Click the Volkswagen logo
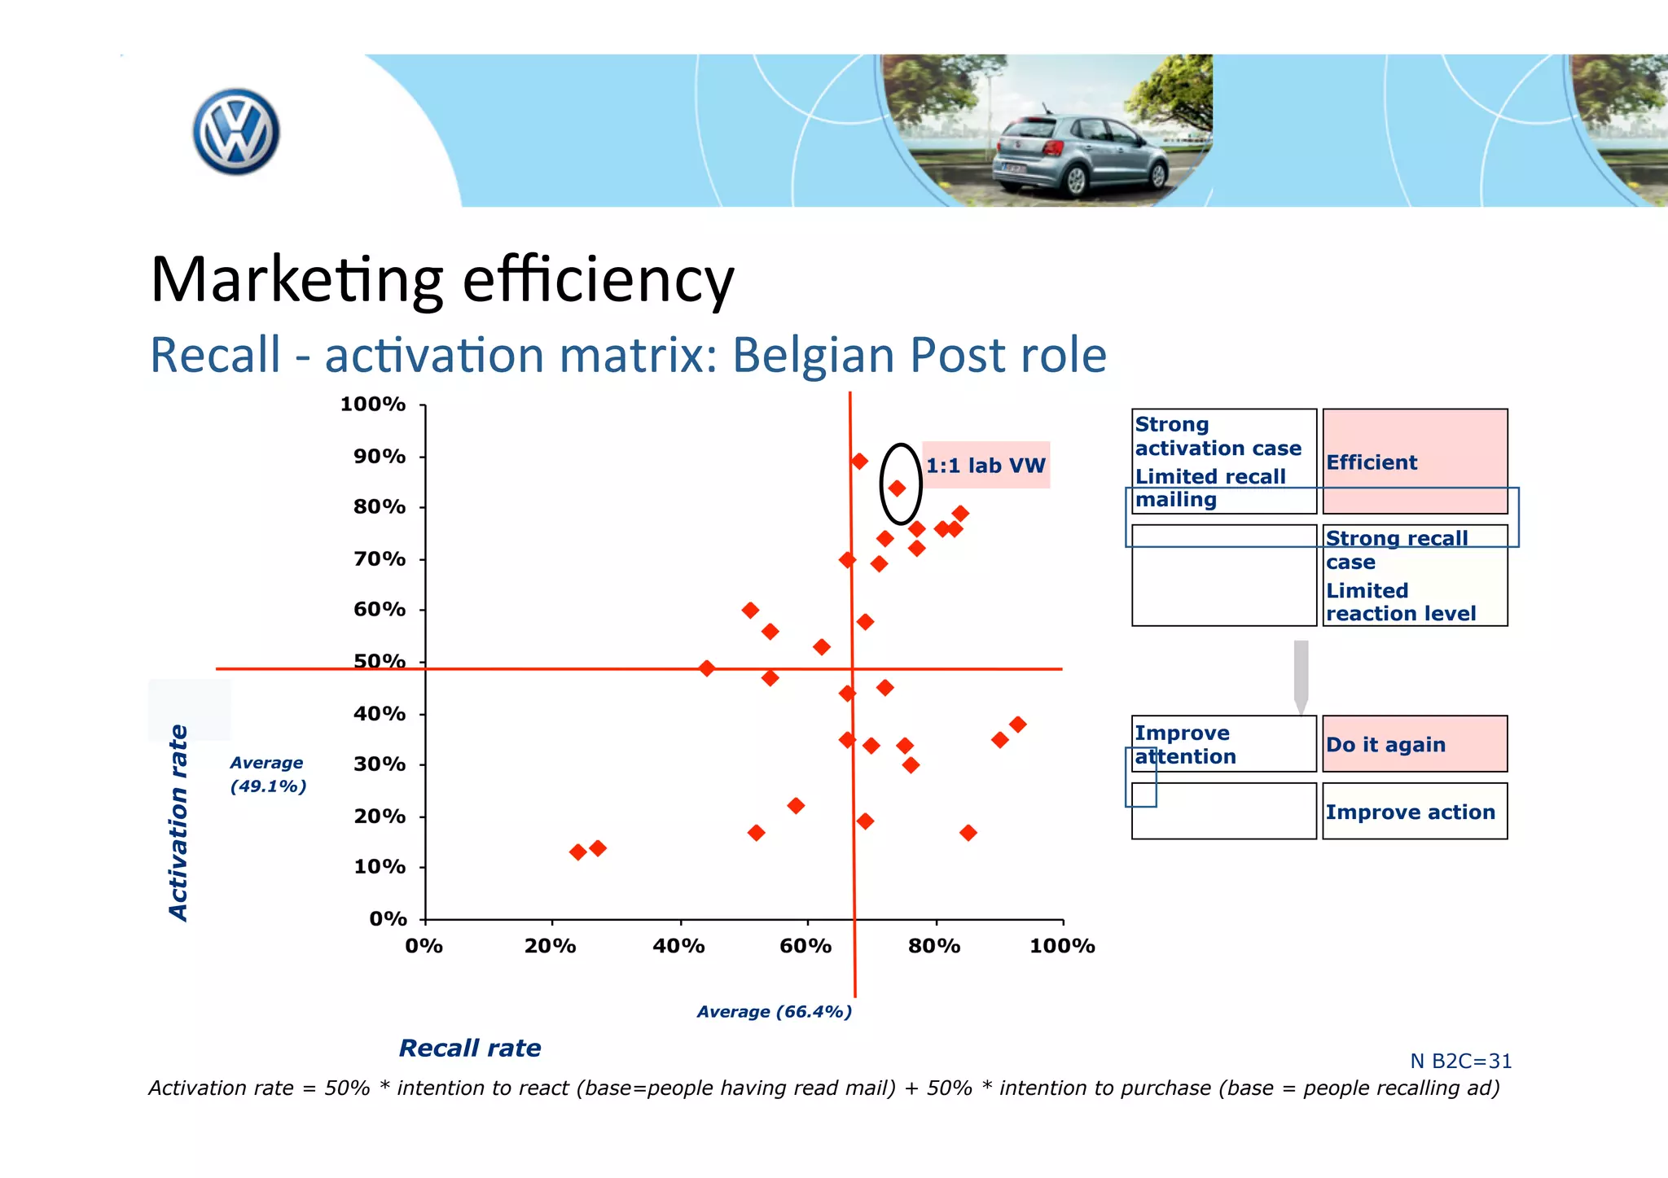click(x=236, y=132)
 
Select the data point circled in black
click(x=897, y=488)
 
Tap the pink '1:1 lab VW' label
click(x=985, y=466)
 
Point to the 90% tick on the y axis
click(x=423, y=457)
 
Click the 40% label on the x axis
click(x=678, y=946)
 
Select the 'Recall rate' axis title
click(x=470, y=1048)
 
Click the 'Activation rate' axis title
click(x=178, y=822)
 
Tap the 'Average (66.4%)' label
click(x=774, y=1012)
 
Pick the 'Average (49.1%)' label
click(x=267, y=774)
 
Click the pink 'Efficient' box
click(x=1415, y=462)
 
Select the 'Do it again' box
click(x=1415, y=744)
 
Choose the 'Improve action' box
click(x=1415, y=812)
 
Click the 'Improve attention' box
click(x=1223, y=744)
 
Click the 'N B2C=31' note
click(x=1460, y=1062)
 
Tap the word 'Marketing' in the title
click(x=297, y=279)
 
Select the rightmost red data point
click(x=1017, y=725)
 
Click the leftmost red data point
click(x=577, y=852)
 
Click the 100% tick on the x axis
click(x=1063, y=921)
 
